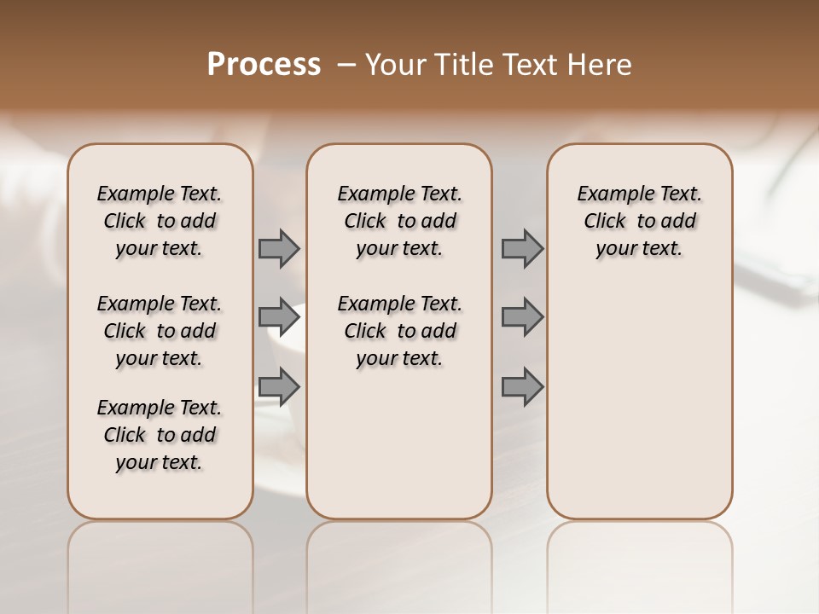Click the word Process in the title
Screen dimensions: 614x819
(264, 64)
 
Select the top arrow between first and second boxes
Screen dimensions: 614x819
(279, 248)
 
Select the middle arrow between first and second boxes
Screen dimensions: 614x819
(279, 316)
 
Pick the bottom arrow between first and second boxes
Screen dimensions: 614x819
(279, 386)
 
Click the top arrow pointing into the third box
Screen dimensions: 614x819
(522, 248)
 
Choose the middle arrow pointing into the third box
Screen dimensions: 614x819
(522, 316)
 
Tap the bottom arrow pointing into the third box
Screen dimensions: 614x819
(522, 386)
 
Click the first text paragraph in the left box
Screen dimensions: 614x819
(160, 221)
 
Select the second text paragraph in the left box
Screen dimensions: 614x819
(160, 331)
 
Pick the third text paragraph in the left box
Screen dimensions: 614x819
(160, 435)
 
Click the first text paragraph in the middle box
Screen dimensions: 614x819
(400, 221)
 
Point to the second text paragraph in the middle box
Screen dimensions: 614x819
(400, 331)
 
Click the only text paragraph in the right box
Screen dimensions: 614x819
(640, 221)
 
